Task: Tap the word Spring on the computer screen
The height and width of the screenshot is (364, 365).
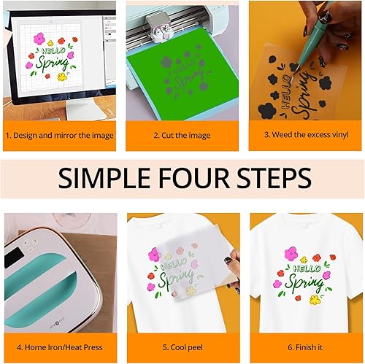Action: coord(50,64)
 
